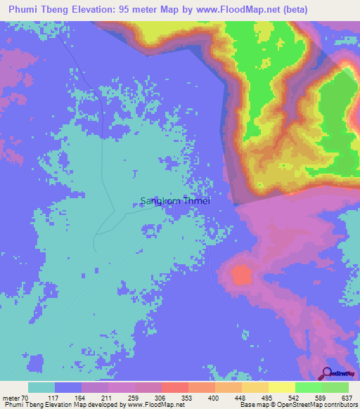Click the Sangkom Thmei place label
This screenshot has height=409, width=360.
[x=175, y=200]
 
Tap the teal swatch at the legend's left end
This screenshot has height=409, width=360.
[x=41, y=387]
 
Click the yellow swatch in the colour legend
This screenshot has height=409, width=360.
[x=282, y=387]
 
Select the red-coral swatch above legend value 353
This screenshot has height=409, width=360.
[x=175, y=387]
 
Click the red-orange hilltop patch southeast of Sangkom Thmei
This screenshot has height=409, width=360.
[x=241, y=275]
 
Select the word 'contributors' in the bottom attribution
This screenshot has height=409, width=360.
[x=337, y=405]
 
